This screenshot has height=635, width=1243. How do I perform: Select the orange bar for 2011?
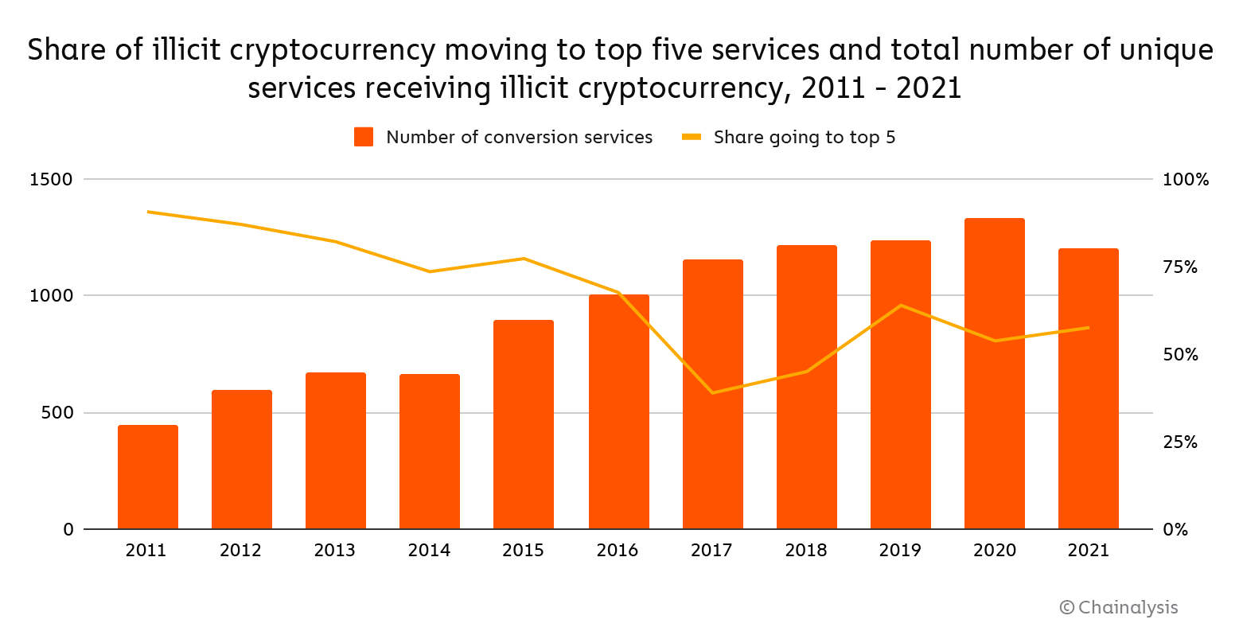(x=148, y=477)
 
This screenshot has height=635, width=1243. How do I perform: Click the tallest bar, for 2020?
(x=995, y=374)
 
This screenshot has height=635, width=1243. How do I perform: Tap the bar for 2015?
(x=524, y=425)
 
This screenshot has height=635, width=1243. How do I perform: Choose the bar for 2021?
(x=1089, y=389)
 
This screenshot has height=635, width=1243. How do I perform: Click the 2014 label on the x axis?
(x=429, y=551)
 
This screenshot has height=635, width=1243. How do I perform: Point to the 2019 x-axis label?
(x=900, y=551)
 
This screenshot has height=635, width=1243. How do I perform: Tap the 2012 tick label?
(x=240, y=551)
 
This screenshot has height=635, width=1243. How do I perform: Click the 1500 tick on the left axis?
(x=51, y=180)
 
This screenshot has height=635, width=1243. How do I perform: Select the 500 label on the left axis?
(x=57, y=413)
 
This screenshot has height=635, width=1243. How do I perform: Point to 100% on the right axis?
(x=1185, y=180)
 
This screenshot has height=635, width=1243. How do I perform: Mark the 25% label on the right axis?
(x=1180, y=442)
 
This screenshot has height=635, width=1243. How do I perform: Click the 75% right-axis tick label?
(x=1180, y=267)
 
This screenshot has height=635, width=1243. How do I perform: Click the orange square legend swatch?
(x=364, y=137)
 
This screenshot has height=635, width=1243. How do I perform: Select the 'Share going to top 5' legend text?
(x=805, y=138)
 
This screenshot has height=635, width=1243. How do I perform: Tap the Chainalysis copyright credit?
(x=1119, y=608)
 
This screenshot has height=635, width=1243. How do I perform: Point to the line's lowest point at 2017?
(x=712, y=393)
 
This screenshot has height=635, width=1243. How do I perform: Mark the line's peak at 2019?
(x=900, y=306)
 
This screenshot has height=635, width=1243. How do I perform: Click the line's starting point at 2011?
(x=148, y=212)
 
